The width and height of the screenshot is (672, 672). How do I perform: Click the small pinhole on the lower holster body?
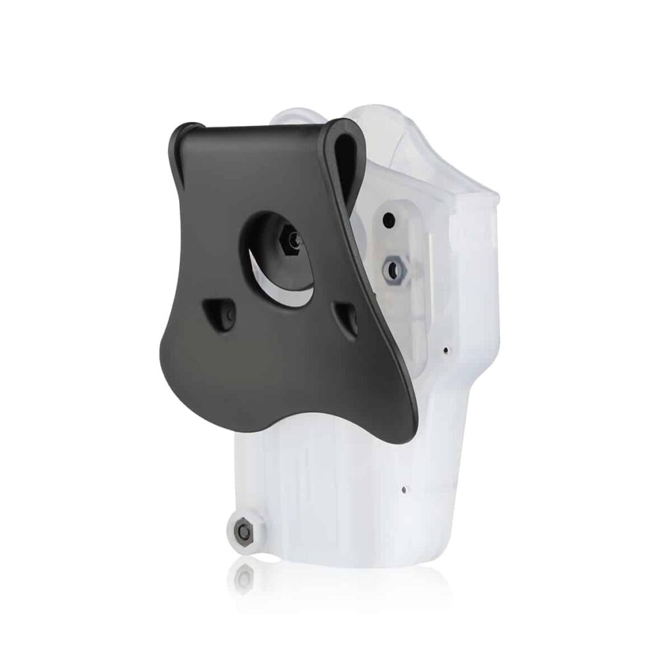[x=404, y=489]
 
